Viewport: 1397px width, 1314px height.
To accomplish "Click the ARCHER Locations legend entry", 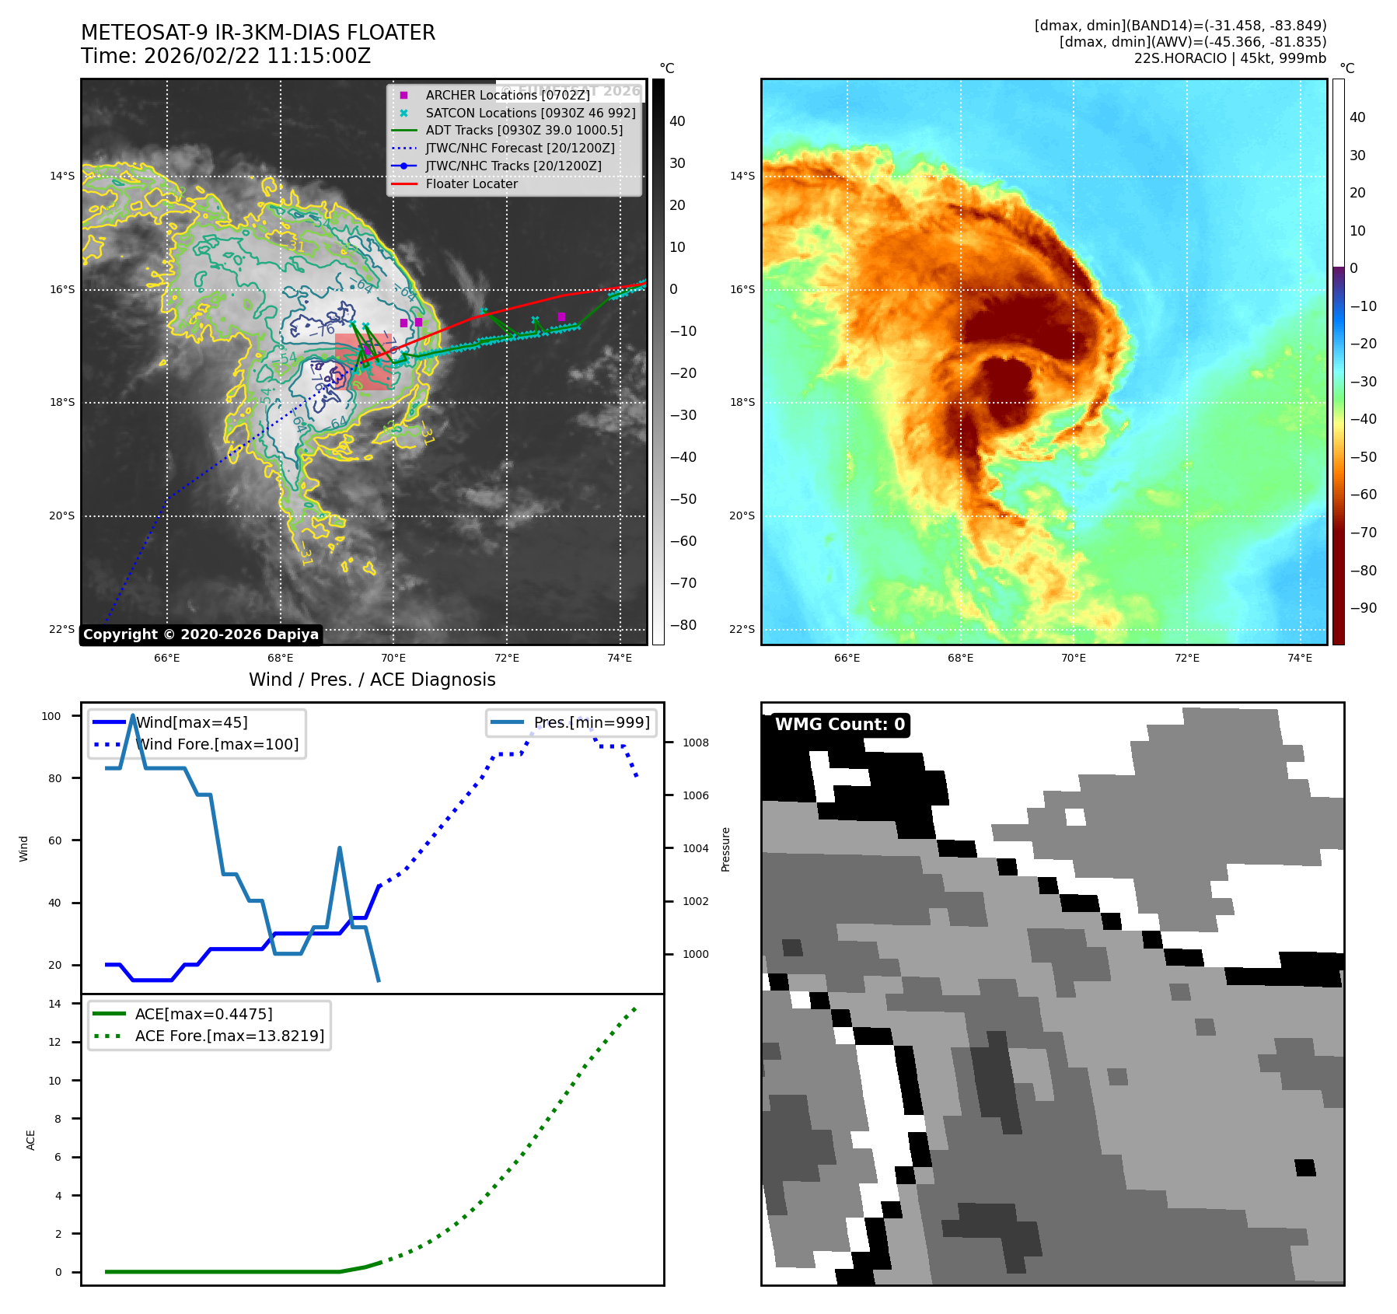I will click(x=507, y=95).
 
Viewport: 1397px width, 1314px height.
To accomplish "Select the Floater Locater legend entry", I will click(x=471, y=183).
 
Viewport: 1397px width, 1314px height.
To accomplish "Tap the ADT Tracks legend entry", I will click(x=523, y=130).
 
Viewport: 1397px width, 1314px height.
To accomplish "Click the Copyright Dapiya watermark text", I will click(x=201, y=634).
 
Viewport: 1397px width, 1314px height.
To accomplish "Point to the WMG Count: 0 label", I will click(x=840, y=725).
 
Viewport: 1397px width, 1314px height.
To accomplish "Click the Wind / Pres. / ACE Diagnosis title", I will click(x=372, y=680).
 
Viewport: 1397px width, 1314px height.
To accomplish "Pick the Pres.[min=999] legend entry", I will click(x=591, y=722).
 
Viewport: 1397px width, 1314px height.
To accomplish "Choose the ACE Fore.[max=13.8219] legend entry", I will click(x=229, y=1036).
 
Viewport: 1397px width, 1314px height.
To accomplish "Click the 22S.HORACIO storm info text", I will click(x=1230, y=58).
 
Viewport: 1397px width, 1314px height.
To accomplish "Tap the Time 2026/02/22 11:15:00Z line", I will click(x=225, y=56).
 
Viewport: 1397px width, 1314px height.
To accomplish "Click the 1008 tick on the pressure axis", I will click(x=696, y=743).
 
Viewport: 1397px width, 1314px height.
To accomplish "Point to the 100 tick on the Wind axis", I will click(x=51, y=716).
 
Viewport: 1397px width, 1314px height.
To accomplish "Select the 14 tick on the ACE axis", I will click(x=54, y=1004).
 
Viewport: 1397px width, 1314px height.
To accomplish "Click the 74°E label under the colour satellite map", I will click(x=1299, y=658).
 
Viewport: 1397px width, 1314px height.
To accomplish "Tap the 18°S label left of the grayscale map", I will click(x=62, y=402).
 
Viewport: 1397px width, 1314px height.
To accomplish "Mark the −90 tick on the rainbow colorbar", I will click(x=1363, y=608).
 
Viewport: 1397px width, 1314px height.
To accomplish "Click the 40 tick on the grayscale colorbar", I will click(x=677, y=121).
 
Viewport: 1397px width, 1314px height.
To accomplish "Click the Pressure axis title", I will click(x=725, y=849).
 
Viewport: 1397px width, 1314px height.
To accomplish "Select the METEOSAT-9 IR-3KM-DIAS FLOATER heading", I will click(x=258, y=33).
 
